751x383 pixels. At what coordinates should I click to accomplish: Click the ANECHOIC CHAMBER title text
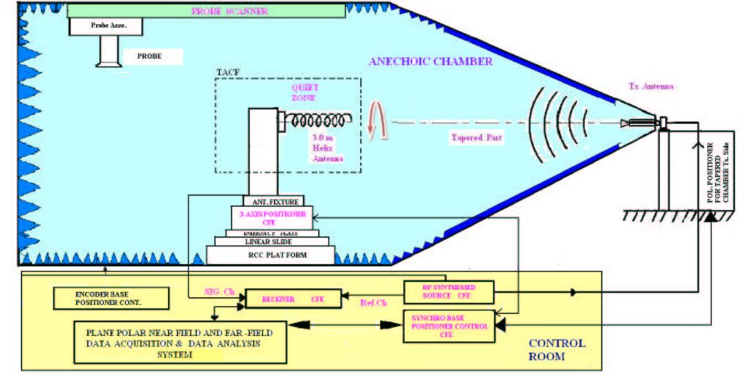[431, 61]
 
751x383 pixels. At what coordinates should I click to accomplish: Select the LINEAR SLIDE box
[271, 241]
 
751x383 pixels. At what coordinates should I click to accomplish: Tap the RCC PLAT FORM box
[271, 255]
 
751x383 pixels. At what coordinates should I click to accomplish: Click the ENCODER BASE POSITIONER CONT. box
[110, 297]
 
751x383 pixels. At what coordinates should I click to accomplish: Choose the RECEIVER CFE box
[293, 299]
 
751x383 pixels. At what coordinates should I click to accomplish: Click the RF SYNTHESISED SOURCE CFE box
[449, 292]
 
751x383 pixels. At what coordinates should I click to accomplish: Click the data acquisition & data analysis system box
[180, 342]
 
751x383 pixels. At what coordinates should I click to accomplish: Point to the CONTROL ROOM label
[557, 349]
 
